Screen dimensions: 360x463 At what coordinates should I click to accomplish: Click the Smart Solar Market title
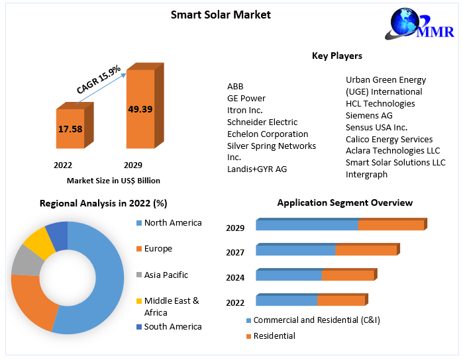pyautogui.click(x=221, y=15)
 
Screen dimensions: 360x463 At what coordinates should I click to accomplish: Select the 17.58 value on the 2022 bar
pyautogui.click(x=70, y=129)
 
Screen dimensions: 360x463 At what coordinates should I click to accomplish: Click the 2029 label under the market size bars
pyautogui.click(x=133, y=165)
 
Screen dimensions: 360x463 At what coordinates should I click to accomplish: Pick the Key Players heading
pyautogui.click(x=336, y=56)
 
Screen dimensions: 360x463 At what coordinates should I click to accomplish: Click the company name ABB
pyautogui.click(x=235, y=87)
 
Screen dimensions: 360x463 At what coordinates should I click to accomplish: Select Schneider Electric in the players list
pyautogui.click(x=262, y=122)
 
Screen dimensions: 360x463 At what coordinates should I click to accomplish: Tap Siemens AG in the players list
pyautogui.click(x=369, y=115)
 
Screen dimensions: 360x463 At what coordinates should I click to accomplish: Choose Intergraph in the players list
pyautogui.click(x=366, y=175)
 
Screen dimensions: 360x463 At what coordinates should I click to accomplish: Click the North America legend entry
pyautogui.click(x=172, y=223)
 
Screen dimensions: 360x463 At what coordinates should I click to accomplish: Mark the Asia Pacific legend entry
pyautogui.click(x=166, y=275)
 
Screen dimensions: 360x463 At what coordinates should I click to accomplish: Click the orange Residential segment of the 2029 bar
pyautogui.click(x=391, y=225)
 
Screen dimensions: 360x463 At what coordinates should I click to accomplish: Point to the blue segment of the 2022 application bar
pyautogui.click(x=286, y=300)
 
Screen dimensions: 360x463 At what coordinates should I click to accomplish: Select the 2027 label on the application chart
pyautogui.click(x=235, y=252)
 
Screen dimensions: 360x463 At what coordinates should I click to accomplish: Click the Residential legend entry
pyautogui.click(x=274, y=336)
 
